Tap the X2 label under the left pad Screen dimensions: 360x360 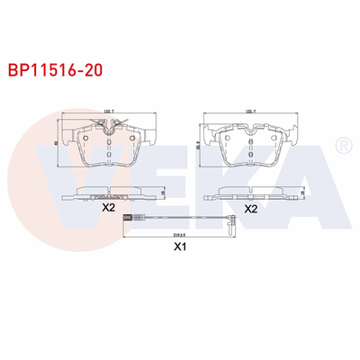pyautogui.click(x=109, y=207)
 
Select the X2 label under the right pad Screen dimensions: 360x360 pyautogui.click(x=251, y=209)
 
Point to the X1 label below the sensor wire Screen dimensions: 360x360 pyautogui.click(x=179, y=244)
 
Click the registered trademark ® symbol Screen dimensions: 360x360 pyautogui.click(x=342, y=145)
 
